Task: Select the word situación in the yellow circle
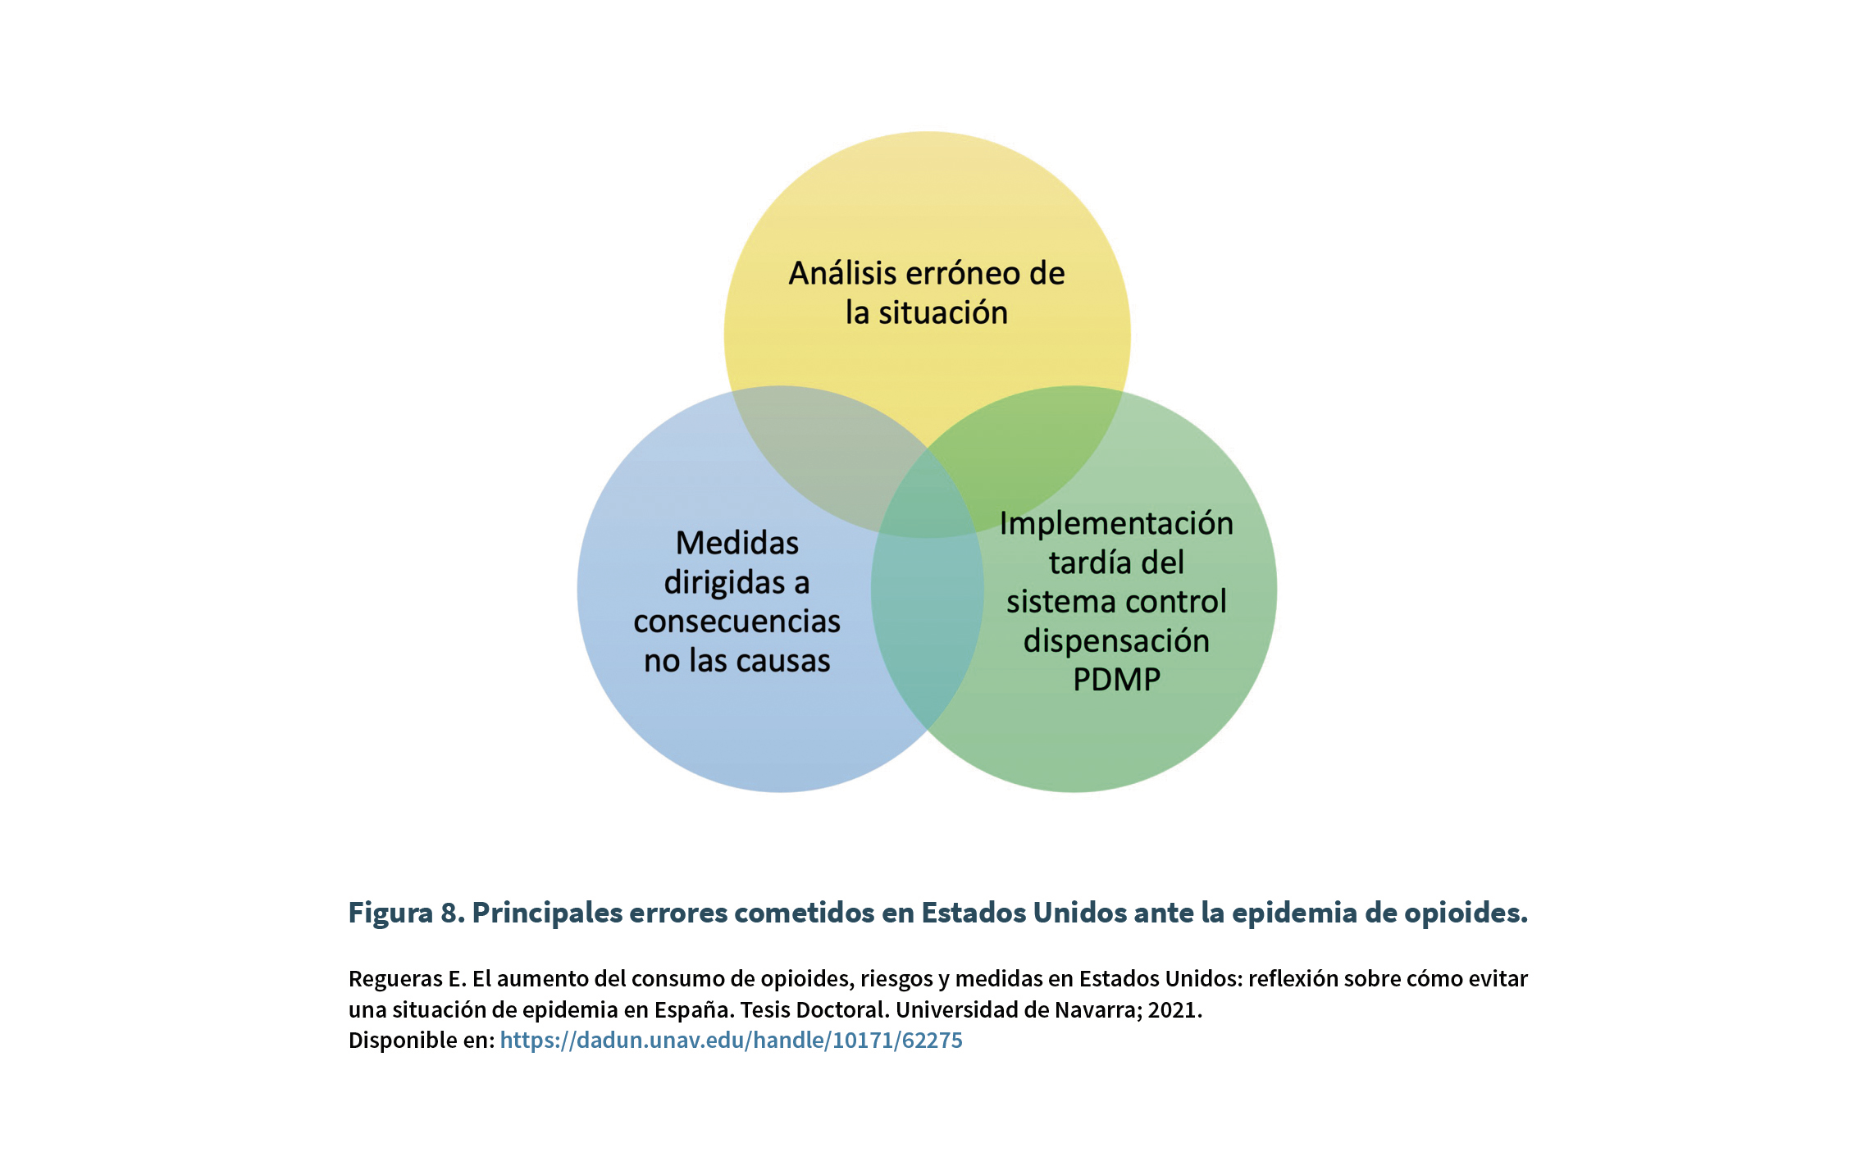[943, 312]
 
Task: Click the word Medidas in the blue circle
[737, 543]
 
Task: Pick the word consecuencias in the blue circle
[737, 622]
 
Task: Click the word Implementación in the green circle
[1116, 524]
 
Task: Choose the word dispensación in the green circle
[1116, 641]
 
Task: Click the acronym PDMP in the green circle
[1116, 680]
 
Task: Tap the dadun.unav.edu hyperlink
[731, 1040]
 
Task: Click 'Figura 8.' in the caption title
[407, 913]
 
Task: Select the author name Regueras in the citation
[395, 979]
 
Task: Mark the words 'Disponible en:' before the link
[422, 1040]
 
